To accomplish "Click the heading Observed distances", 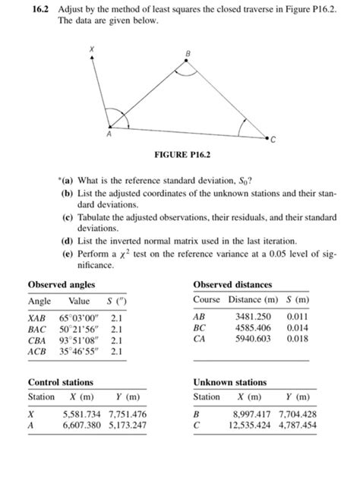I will click(232, 284).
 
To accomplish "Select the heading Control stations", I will click(61, 381).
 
